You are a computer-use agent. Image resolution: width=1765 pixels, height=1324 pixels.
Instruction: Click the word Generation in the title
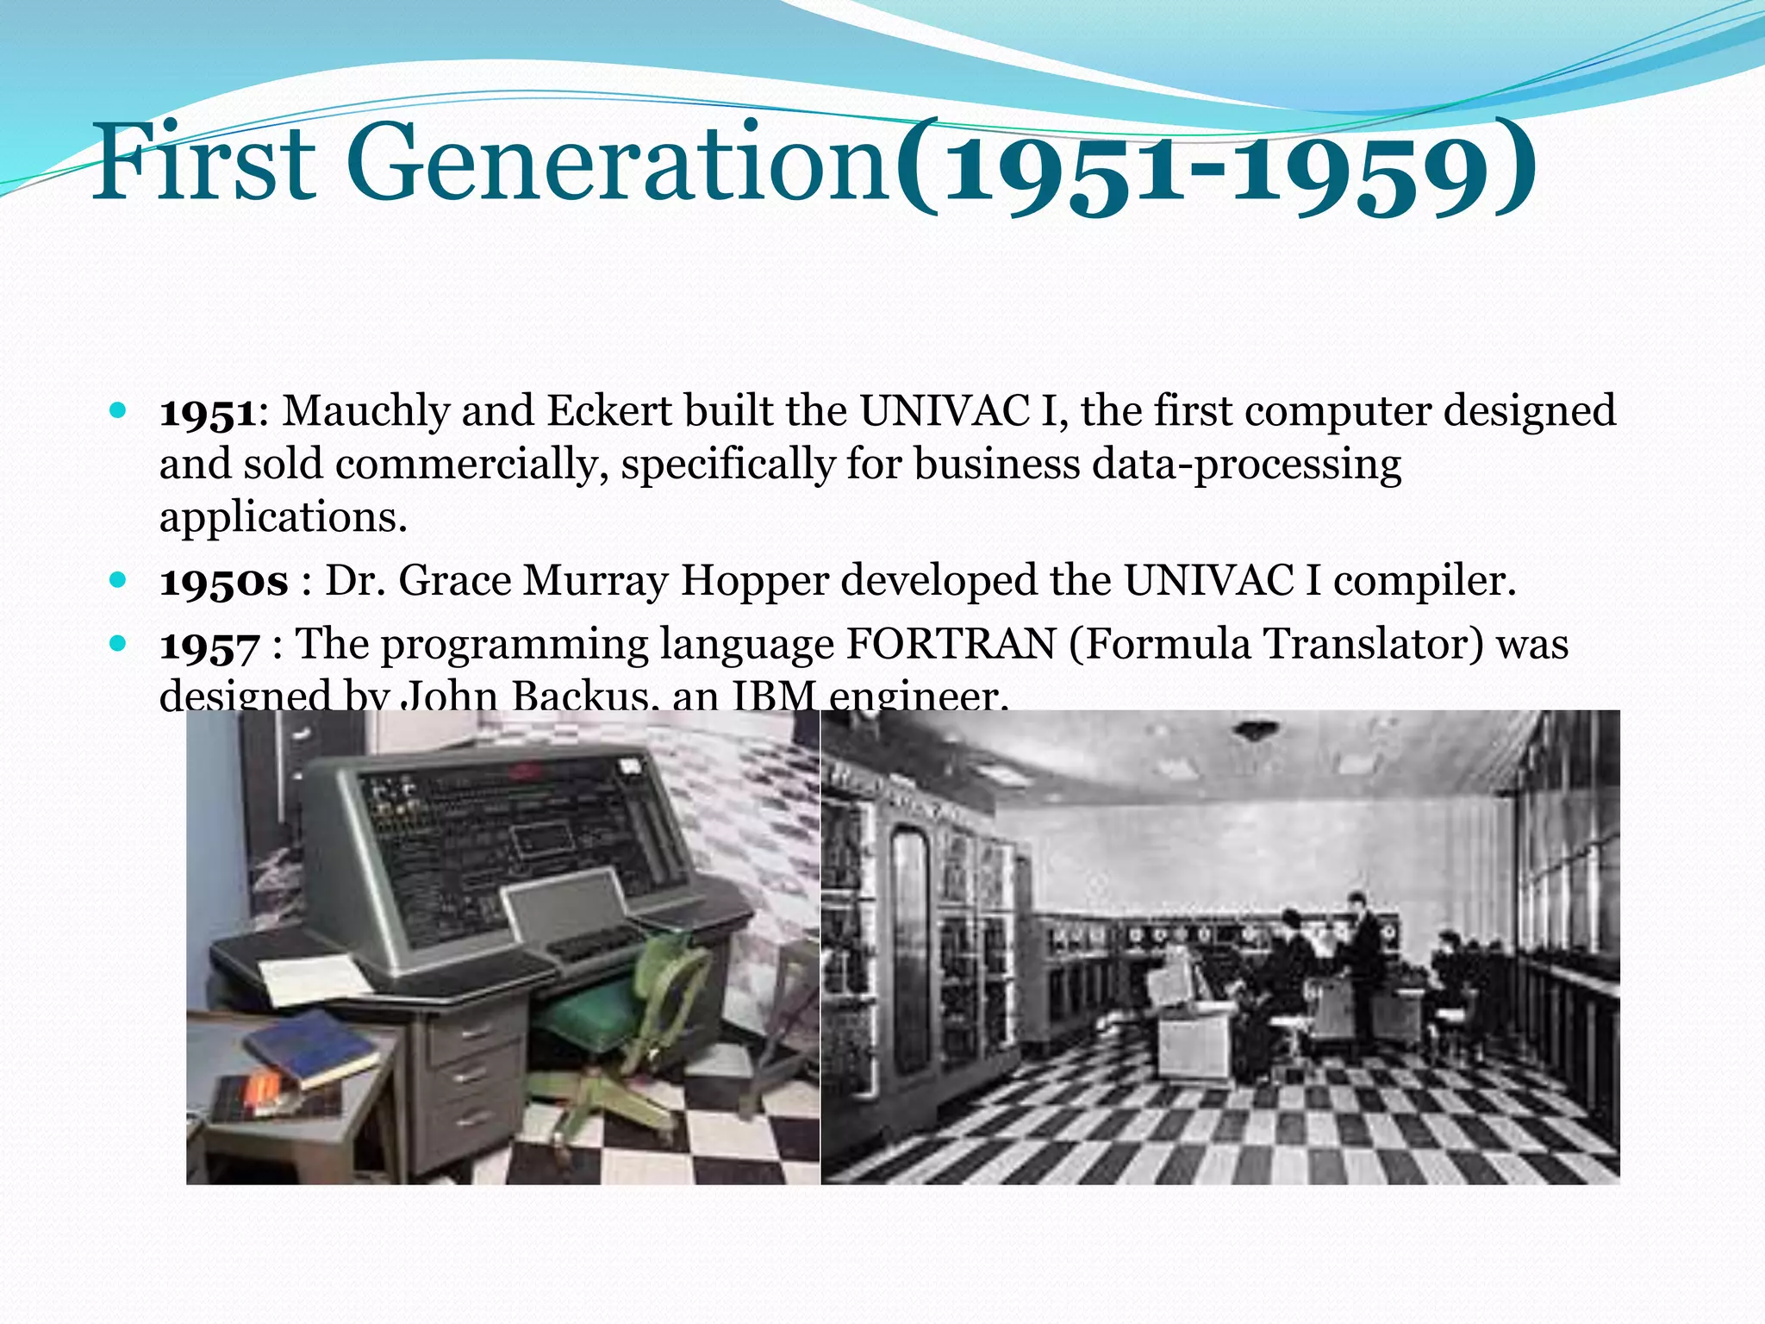(x=618, y=164)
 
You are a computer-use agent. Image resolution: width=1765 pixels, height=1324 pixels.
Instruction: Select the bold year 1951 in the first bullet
(x=208, y=412)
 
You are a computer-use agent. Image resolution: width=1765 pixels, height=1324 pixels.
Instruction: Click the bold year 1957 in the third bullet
(x=209, y=646)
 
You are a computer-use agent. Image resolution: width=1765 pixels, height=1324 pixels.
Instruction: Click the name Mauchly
(x=365, y=411)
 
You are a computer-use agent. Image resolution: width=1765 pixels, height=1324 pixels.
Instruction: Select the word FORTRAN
(x=951, y=644)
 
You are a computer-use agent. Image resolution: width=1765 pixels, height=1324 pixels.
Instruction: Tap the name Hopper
(x=754, y=580)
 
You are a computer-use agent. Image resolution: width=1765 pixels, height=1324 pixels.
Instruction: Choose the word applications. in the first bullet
(x=283, y=517)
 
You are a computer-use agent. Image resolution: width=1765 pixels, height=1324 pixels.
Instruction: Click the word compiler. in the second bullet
(x=1425, y=580)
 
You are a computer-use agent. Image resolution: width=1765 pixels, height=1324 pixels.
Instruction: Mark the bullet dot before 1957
(x=119, y=643)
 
